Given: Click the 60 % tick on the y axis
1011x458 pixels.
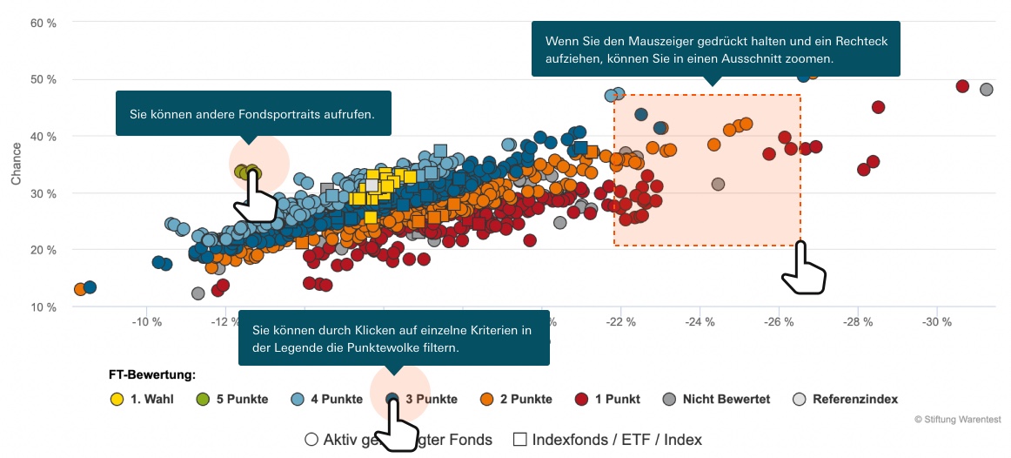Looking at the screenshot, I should coord(44,23).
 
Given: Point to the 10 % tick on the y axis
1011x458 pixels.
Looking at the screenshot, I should coord(44,307).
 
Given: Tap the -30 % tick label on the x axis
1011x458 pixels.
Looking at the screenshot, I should coord(937,323).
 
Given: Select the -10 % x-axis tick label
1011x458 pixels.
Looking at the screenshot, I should coord(146,323).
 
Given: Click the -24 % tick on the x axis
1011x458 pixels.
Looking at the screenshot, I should coord(700,323).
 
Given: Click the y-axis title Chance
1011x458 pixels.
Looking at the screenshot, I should coord(16,165).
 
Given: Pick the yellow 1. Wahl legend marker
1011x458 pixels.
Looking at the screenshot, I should coord(117,400).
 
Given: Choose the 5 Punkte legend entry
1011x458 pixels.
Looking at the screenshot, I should coord(231,400).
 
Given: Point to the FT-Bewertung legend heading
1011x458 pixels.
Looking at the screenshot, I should coord(151,375).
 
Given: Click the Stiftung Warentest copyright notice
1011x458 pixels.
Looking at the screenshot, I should coord(957,420).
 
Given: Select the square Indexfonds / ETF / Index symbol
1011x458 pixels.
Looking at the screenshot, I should coord(520,440).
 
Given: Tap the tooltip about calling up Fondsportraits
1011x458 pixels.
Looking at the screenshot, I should coord(252,114).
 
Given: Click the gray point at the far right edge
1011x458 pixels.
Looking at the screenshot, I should coord(986,90).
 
